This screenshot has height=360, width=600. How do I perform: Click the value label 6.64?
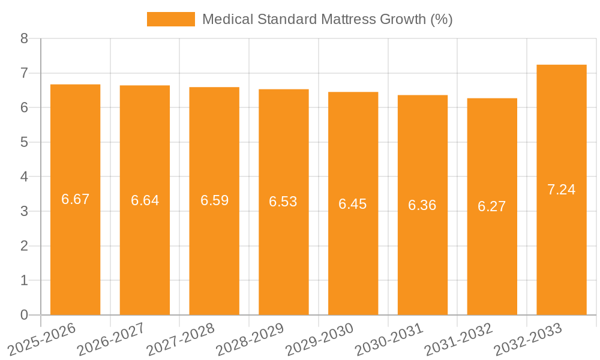click(x=145, y=200)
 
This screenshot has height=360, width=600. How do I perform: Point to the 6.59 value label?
click(x=214, y=200)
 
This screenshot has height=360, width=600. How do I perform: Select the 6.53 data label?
click(x=283, y=202)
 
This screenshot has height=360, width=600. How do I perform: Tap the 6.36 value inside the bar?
click(x=422, y=205)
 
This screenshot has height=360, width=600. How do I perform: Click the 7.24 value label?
click(x=562, y=190)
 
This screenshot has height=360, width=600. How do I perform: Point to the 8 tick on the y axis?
click(x=24, y=39)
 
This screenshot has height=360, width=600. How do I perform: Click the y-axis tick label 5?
click(x=24, y=143)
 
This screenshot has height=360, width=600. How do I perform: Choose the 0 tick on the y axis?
click(x=24, y=315)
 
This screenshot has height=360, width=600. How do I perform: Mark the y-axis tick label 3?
click(x=24, y=212)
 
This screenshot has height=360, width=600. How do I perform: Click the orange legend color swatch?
click(x=171, y=19)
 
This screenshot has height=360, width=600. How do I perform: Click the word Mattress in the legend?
click(x=348, y=19)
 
